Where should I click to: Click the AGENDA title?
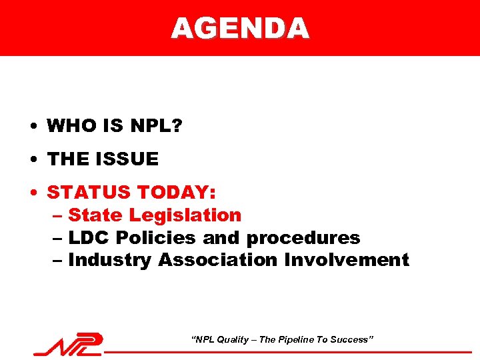(240, 28)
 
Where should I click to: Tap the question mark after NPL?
(176, 125)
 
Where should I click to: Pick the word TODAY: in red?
(176, 193)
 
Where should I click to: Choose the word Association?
(218, 260)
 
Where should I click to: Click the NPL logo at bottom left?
(69, 344)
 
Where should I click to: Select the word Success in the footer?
(351, 340)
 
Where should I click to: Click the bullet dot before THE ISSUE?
(32, 160)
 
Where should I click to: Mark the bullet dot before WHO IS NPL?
(32, 126)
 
